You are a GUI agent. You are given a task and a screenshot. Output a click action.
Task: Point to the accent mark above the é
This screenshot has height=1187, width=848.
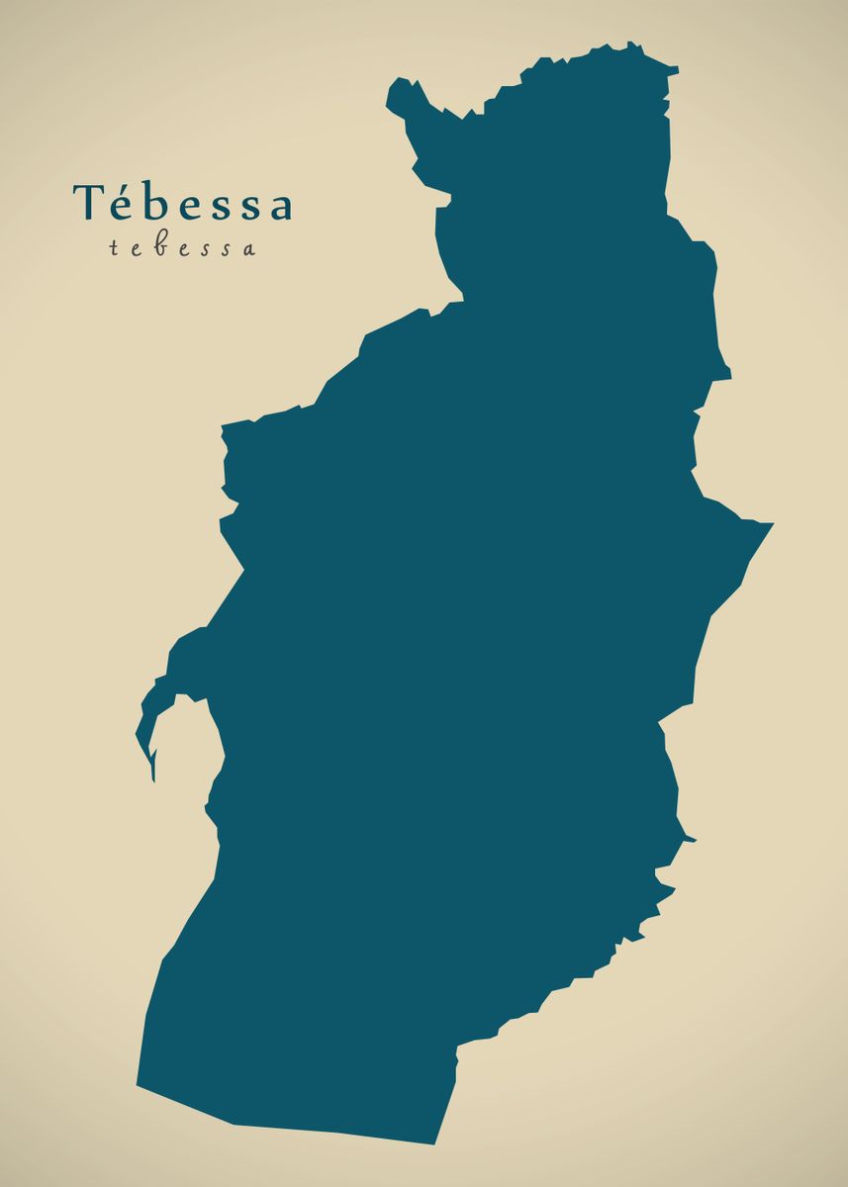(123, 185)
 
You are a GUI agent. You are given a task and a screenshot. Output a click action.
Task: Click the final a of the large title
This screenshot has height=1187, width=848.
(279, 207)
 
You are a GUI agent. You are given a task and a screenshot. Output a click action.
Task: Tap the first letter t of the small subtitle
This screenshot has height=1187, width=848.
(114, 248)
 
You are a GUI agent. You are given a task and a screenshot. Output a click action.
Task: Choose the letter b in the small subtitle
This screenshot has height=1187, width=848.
(158, 246)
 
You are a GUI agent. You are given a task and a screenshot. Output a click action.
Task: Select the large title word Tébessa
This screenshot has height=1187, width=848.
(183, 203)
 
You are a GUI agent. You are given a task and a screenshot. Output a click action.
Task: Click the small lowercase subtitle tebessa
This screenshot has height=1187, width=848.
(182, 248)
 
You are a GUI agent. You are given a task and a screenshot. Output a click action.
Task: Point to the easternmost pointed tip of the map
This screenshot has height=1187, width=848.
(770, 522)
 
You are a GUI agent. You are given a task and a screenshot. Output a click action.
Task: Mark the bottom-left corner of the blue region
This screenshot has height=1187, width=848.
(139, 1085)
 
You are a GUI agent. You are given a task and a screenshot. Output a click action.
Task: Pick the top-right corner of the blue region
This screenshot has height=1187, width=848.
(676, 68)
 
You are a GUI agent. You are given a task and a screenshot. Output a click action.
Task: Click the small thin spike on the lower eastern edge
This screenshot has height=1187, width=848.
(692, 840)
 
